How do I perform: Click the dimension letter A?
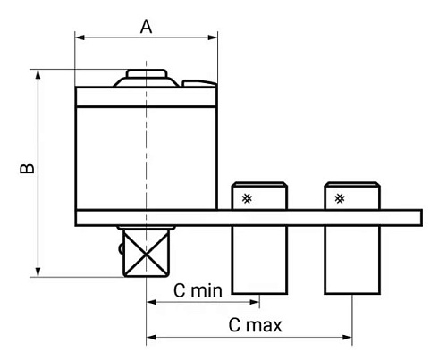pyautogui.click(x=146, y=27)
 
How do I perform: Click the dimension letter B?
pyautogui.click(x=27, y=168)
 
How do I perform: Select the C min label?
pyautogui.click(x=198, y=290)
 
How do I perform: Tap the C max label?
pyautogui.click(x=255, y=325)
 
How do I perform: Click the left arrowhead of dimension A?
pyautogui.click(x=80, y=38)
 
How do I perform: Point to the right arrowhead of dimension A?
pyautogui.click(x=213, y=38)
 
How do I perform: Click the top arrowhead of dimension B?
pyautogui.click(x=38, y=74)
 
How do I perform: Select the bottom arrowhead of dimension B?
pyautogui.click(x=38, y=272)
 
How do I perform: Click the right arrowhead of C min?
pyautogui.click(x=255, y=302)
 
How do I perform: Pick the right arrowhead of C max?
pyautogui.click(x=347, y=338)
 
